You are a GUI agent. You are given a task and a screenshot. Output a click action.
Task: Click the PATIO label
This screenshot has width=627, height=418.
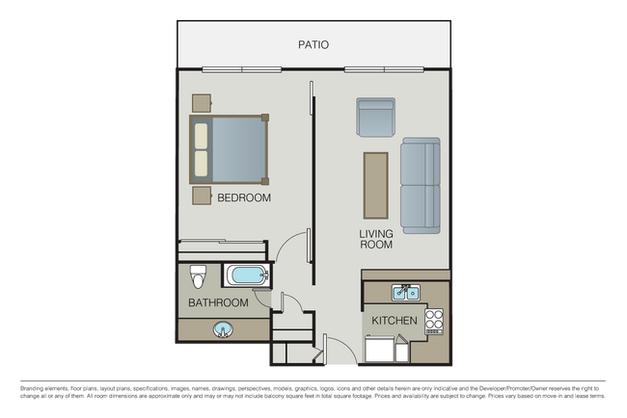313,44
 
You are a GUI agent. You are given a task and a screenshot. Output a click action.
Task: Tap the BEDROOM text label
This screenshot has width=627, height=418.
243,197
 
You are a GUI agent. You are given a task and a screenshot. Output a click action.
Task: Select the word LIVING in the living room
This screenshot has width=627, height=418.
375,233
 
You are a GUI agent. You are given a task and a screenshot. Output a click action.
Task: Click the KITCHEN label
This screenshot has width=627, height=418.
395,320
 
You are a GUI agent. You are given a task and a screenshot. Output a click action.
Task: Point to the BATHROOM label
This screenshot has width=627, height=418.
218,302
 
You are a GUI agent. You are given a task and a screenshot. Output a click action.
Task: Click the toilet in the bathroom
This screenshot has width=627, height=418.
198,275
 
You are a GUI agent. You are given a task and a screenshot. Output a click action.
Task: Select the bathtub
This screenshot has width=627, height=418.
249,277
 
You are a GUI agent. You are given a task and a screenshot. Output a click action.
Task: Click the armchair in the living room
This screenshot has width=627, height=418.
375,117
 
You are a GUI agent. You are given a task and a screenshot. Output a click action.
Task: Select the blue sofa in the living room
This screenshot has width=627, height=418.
420,184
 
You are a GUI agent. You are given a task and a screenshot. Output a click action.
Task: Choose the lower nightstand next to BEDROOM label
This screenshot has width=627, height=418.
202,196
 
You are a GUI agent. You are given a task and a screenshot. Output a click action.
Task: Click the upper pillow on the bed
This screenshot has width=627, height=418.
201,134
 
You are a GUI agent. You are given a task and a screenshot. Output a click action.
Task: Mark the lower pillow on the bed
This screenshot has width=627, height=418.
201,163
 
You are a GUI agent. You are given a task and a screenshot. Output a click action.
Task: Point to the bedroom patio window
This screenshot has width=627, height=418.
241,68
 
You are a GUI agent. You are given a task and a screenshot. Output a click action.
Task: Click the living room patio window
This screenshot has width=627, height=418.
383,68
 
